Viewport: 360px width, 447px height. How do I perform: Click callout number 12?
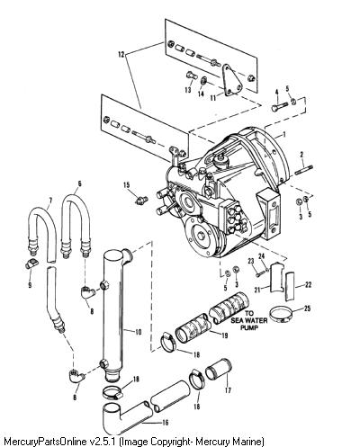(x=121, y=54)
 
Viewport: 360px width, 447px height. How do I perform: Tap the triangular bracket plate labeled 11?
(x=231, y=80)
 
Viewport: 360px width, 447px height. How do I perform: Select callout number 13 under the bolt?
(x=188, y=90)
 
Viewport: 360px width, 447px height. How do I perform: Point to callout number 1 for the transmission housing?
(x=284, y=134)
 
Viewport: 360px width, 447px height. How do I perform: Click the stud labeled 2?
(x=304, y=171)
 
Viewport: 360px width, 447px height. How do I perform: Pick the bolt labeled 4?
(x=280, y=106)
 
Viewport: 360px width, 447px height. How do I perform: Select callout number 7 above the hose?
(x=50, y=200)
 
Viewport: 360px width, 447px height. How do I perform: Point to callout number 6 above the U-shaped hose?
(x=79, y=183)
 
